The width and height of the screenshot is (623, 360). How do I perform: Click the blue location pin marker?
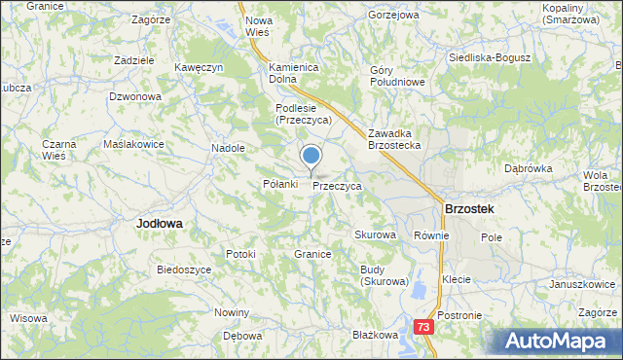pos(311,156)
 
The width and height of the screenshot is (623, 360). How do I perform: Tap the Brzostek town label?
pos(468,208)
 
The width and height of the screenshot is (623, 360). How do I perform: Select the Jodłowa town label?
pos(160,223)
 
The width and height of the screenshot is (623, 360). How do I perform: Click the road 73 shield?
pos(422,328)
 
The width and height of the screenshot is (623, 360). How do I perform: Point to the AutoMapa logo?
pos(558,341)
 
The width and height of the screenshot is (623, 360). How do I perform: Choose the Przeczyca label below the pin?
pos(337,185)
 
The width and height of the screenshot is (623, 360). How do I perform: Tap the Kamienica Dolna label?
pos(295,73)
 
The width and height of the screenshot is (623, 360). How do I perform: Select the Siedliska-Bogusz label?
pos(489,57)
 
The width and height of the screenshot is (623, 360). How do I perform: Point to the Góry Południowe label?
pos(397,76)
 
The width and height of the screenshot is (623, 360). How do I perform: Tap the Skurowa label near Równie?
pos(375,235)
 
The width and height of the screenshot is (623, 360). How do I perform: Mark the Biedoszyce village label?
pos(184,270)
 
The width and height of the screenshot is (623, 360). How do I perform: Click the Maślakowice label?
pos(133,144)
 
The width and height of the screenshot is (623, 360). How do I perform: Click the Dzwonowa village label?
pos(134,96)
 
